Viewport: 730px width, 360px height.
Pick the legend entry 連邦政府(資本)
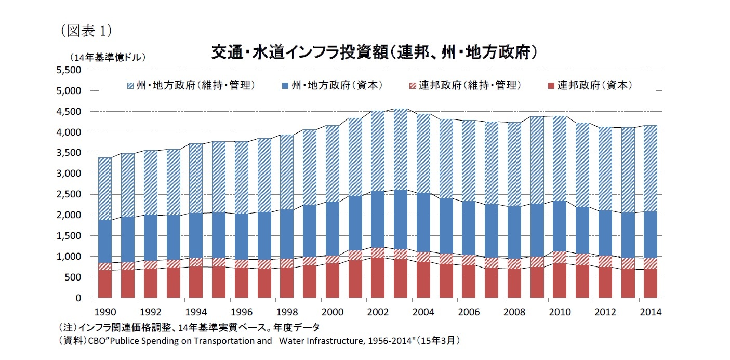coord(594,85)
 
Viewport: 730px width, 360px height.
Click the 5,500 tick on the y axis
coord(72,70)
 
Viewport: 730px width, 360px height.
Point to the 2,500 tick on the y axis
coord(72,194)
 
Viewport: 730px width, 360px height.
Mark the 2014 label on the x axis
coord(650,312)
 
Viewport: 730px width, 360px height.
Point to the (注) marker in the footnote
coord(70,327)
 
